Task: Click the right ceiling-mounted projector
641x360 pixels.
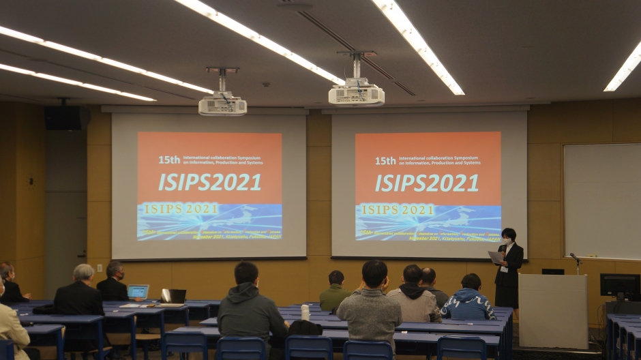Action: tap(356, 94)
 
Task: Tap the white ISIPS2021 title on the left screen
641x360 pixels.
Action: tap(209, 182)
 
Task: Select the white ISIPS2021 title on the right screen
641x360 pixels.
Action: tap(427, 182)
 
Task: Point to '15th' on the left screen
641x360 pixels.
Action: tap(169, 160)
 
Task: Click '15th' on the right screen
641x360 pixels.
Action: tap(385, 161)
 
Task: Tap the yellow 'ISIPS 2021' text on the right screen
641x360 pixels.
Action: tap(398, 210)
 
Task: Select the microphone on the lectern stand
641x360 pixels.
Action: tap(573, 257)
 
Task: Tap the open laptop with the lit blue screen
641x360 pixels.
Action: tap(138, 292)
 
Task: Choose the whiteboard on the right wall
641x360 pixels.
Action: tap(601, 200)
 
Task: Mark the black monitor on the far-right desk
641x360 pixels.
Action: tap(620, 286)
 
